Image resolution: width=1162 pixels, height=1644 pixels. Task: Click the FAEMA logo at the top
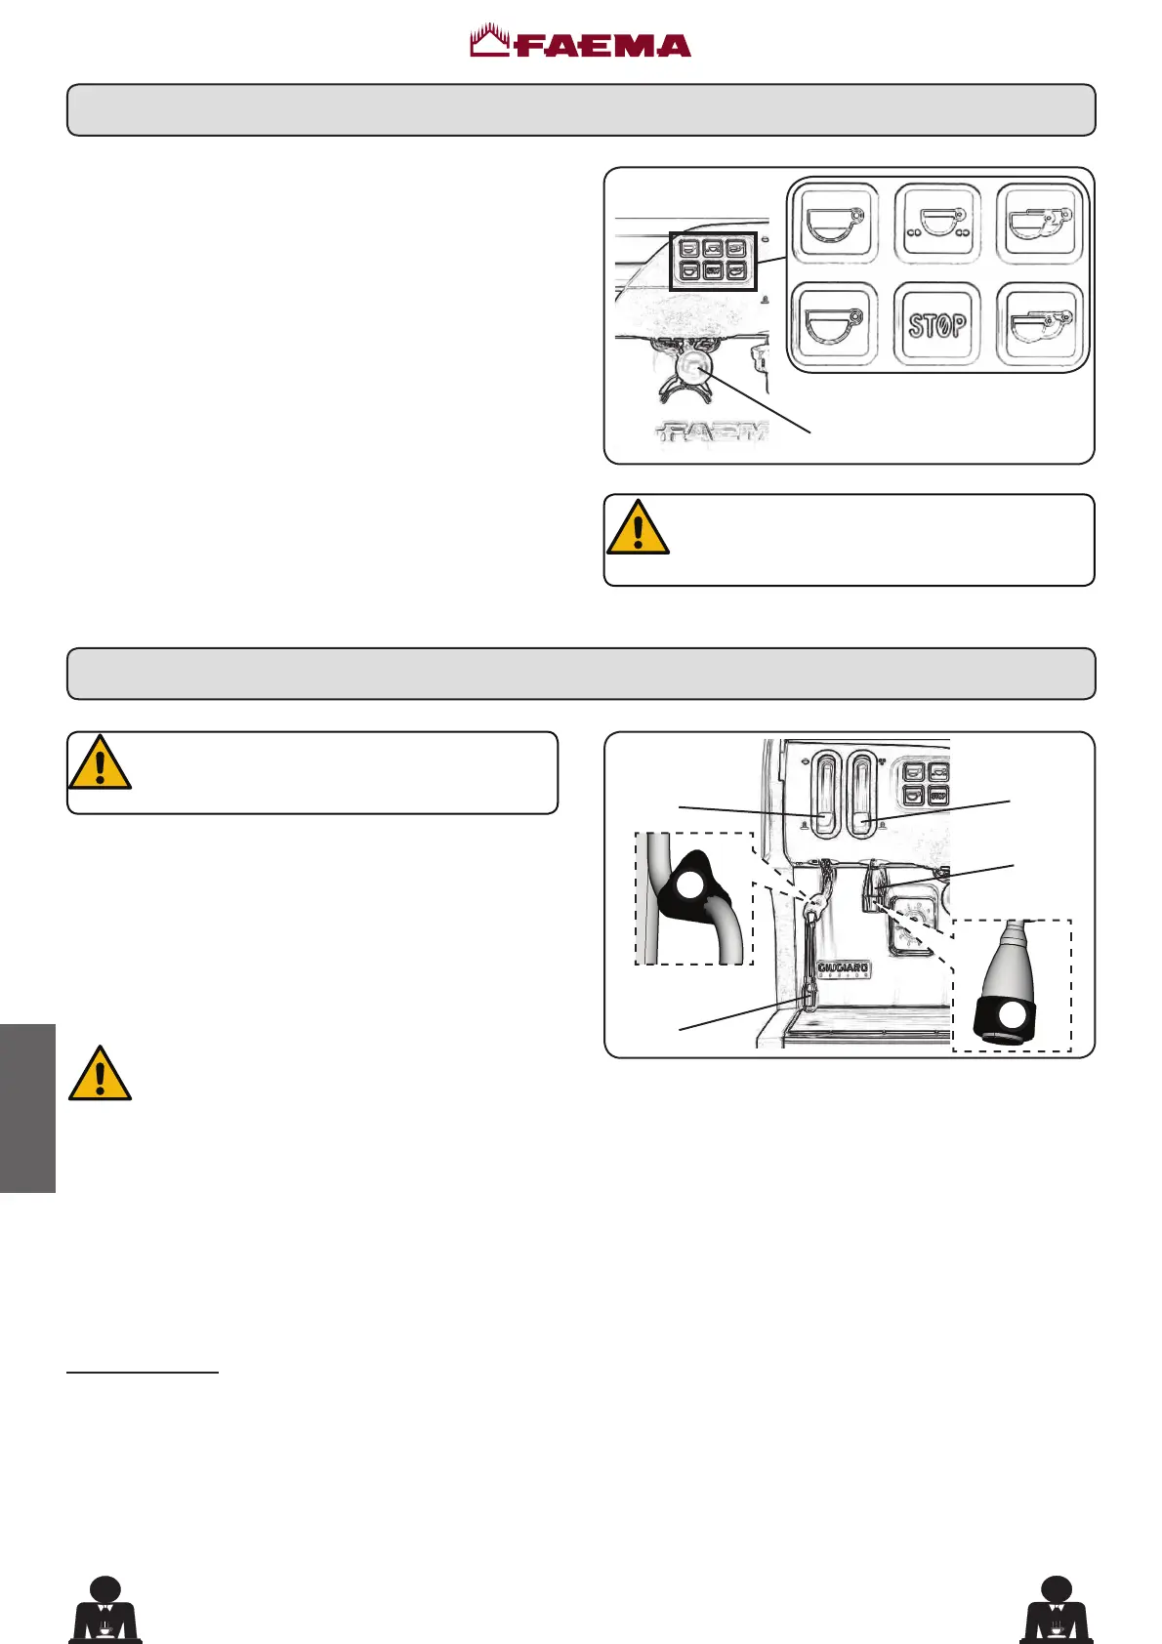point(581,44)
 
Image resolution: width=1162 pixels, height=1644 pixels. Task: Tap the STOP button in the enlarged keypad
point(937,324)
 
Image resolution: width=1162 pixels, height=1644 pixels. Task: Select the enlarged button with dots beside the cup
point(937,224)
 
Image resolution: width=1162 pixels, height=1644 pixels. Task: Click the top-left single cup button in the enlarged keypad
point(834,224)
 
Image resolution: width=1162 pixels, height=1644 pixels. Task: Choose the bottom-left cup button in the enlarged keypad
point(834,324)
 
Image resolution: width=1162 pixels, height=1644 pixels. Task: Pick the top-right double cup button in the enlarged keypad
point(1040,224)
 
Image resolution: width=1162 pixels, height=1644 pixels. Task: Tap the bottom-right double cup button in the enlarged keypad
point(1040,324)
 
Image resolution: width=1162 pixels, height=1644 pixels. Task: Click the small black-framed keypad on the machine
point(713,261)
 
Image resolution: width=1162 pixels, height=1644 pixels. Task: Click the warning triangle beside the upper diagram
point(638,528)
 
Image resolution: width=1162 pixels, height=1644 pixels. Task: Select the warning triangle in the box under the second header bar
point(100,762)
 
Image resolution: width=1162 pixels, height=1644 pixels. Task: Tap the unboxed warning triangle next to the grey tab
point(100,1074)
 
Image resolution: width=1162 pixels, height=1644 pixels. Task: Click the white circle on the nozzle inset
point(1013,1015)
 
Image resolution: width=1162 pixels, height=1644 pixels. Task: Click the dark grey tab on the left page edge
point(27,1108)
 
